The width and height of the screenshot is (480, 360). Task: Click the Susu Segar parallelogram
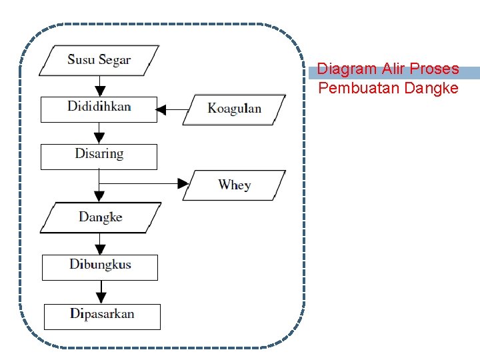tap(99, 60)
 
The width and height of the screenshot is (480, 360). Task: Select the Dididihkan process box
tap(99, 109)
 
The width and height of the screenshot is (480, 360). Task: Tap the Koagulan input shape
tap(234, 109)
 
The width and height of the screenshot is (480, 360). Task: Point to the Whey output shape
tap(234, 185)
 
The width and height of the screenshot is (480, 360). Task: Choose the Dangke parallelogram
tap(100, 217)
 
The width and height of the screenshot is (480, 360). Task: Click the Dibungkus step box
tap(100, 267)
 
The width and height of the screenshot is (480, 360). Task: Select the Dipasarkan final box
tap(102, 316)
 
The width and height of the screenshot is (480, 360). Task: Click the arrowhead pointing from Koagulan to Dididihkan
tap(161, 108)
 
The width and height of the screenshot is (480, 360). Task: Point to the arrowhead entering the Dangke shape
tap(99, 197)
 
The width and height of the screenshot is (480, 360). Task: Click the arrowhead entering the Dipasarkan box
tap(101, 298)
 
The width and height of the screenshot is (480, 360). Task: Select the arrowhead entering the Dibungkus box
tap(100, 249)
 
